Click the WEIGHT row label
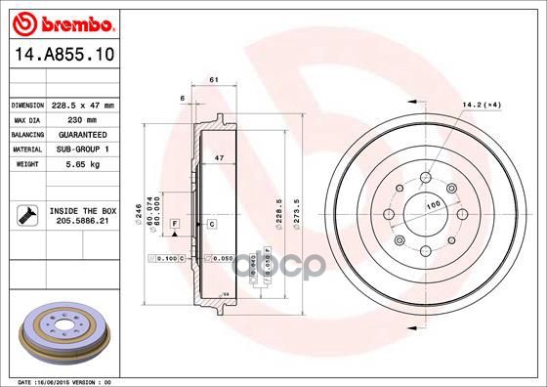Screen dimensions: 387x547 point(25,163)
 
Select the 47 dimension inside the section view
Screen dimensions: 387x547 point(220,156)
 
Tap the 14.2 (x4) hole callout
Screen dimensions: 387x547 point(481,105)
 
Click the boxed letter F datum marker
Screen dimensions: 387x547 point(173,225)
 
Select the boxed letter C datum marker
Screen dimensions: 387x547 point(210,225)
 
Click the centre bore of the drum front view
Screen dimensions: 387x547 point(425,217)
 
